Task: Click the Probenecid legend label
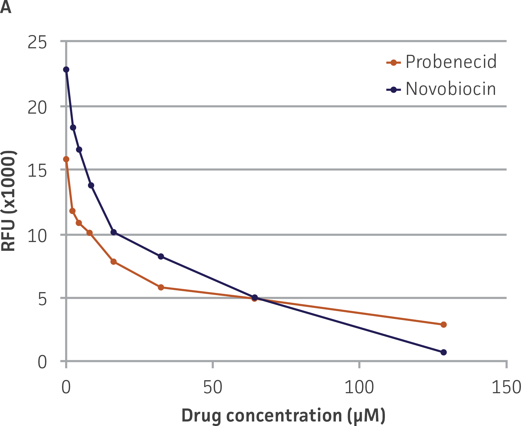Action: coord(451,62)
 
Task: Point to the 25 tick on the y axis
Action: coord(37,42)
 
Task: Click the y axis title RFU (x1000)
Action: coord(9,201)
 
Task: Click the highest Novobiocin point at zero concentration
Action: coord(66,69)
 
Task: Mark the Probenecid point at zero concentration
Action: coord(66,159)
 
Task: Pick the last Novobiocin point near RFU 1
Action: coord(443,352)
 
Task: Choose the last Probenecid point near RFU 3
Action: coord(443,325)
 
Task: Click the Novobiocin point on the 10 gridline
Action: coord(114,232)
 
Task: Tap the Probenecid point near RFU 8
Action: coord(113,262)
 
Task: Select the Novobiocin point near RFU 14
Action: coord(91,185)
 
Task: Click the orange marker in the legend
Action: coord(393,63)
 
